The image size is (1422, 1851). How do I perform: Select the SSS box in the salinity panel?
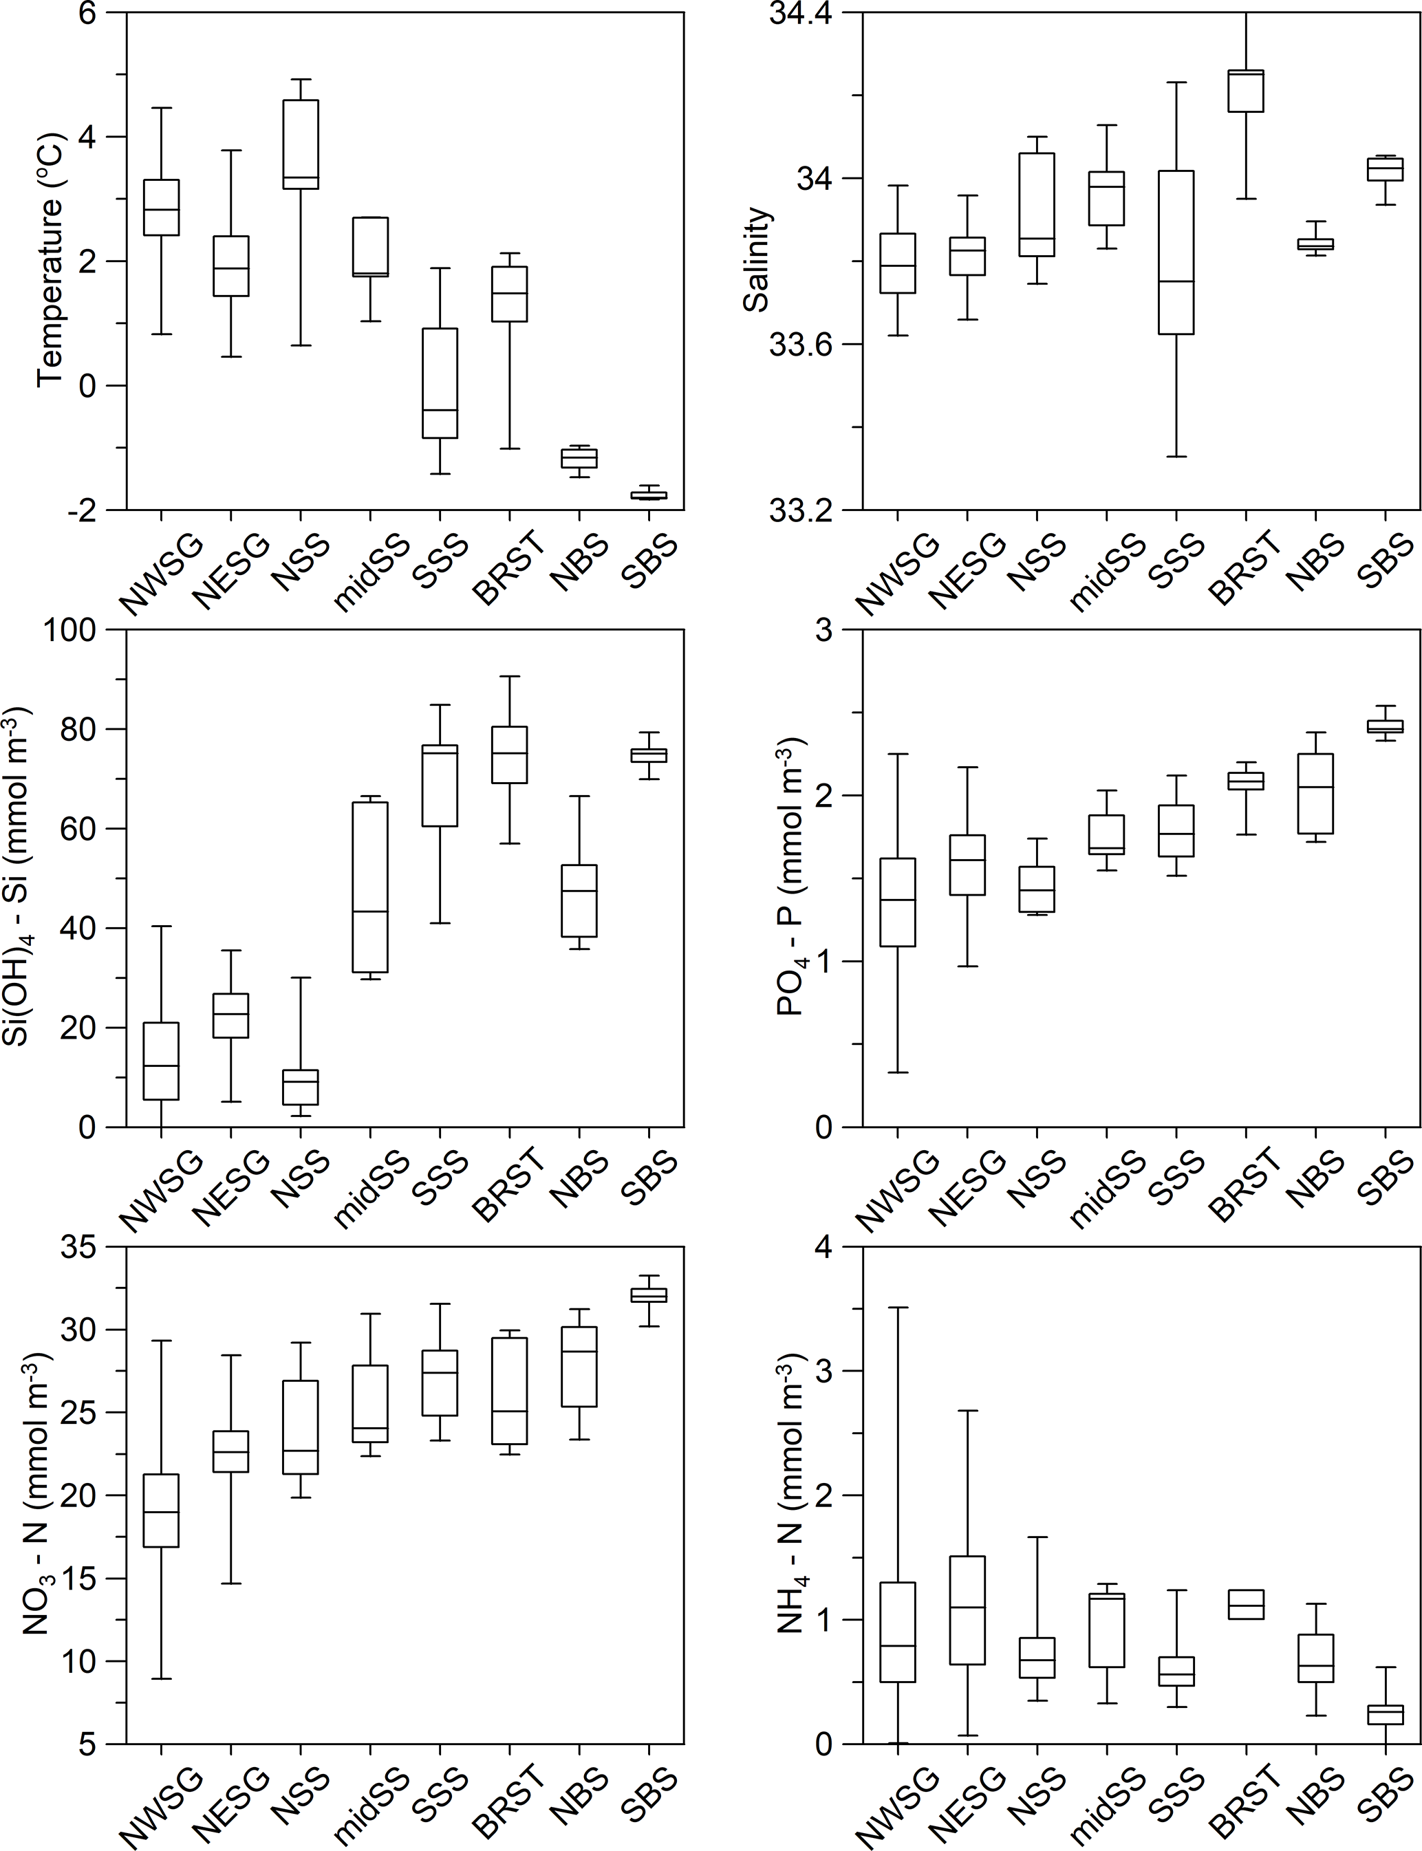(x=1176, y=252)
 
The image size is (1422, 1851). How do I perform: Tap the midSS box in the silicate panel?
(x=370, y=887)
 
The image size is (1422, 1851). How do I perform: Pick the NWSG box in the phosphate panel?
(x=898, y=902)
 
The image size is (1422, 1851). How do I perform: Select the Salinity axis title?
(x=756, y=260)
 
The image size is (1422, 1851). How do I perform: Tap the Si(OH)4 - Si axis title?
(x=23, y=877)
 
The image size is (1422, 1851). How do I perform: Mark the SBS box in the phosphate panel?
(x=1386, y=726)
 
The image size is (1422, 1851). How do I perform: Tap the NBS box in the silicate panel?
(x=580, y=900)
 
